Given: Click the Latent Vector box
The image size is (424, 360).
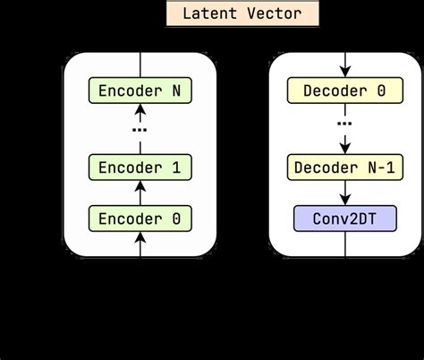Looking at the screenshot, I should click(x=242, y=13).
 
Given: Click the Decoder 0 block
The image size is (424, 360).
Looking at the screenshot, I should click(x=344, y=90).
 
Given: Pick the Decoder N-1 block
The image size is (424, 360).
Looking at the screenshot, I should click(x=344, y=167).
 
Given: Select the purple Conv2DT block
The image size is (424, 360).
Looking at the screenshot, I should click(x=344, y=218).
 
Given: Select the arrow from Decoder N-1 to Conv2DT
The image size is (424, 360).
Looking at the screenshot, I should click(x=344, y=191).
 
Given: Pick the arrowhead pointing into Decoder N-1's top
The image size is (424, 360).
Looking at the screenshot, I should click(x=344, y=149).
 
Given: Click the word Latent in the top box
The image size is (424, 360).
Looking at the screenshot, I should click(x=209, y=13).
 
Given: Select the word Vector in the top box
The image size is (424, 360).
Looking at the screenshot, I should click(x=274, y=13).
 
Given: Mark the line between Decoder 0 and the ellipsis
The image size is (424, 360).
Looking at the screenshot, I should click(x=344, y=108).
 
